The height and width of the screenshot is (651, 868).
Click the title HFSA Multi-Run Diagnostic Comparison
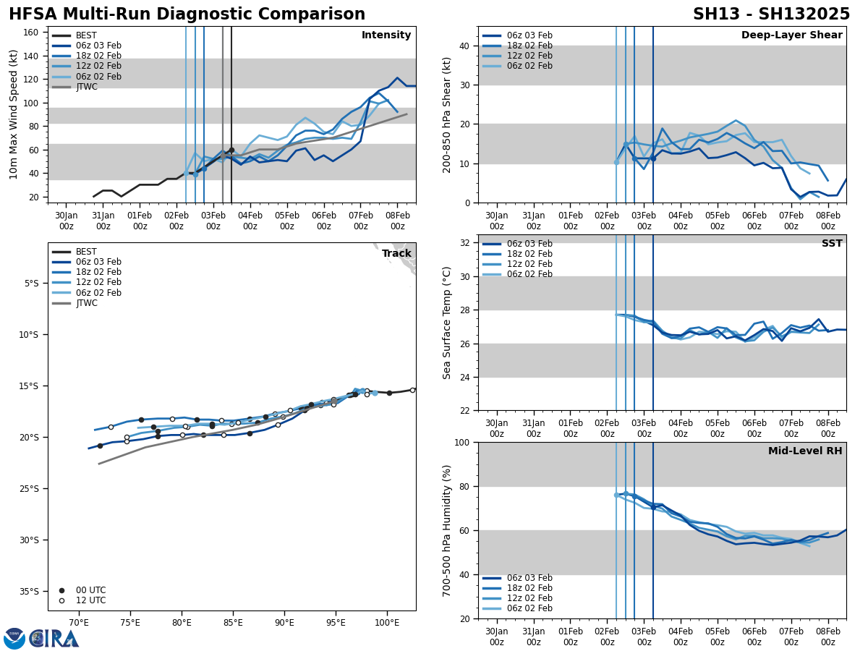coord(187,14)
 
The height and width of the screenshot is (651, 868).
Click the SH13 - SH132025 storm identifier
coord(771,14)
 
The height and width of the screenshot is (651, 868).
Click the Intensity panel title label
coord(386,35)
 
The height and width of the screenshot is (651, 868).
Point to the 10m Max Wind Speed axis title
coord(14,114)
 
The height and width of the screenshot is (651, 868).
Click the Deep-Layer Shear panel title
coord(791,35)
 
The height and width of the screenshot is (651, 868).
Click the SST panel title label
coord(832,244)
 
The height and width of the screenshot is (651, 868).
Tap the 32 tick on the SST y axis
coord(466,243)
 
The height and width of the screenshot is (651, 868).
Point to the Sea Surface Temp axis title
coord(447,323)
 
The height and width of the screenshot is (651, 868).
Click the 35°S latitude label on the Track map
coord(29,591)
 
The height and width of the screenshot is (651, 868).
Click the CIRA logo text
coord(54,639)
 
